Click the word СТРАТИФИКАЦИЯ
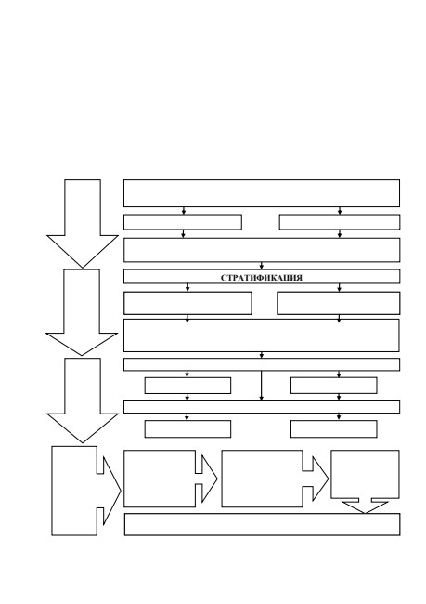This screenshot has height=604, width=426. [x=262, y=278]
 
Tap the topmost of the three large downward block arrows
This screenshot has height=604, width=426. [x=83, y=224]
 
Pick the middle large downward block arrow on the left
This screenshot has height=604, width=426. [x=82, y=312]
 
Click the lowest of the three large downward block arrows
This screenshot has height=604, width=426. [x=83, y=400]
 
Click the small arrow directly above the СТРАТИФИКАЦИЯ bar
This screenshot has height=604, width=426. [x=262, y=266]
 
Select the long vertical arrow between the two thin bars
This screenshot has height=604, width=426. [x=262, y=386]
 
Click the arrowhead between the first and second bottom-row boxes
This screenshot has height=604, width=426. [x=207, y=479]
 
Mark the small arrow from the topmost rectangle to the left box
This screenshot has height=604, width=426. [x=184, y=211]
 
